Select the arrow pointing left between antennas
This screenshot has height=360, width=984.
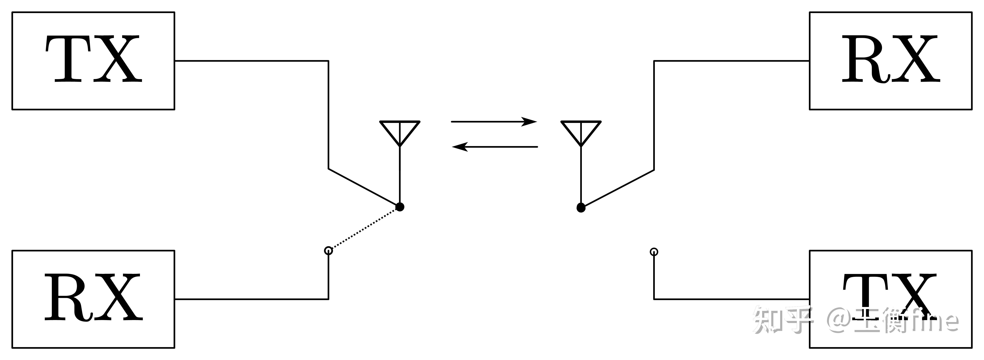coord(495,147)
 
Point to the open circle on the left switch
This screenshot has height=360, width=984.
coord(328,251)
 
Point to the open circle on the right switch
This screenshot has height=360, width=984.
coord(654,252)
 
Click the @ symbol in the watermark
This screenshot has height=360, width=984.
coord(840,320)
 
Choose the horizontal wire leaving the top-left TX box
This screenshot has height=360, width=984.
coord(251,61)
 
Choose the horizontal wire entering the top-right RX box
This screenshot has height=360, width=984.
coord(732,61)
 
